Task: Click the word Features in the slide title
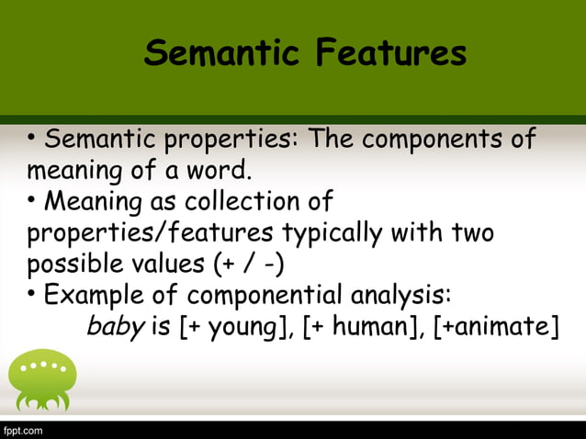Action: point(390,53)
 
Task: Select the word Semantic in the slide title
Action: point(224,53)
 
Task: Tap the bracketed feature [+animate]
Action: point(495,328)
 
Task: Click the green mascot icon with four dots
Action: point(41,379)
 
